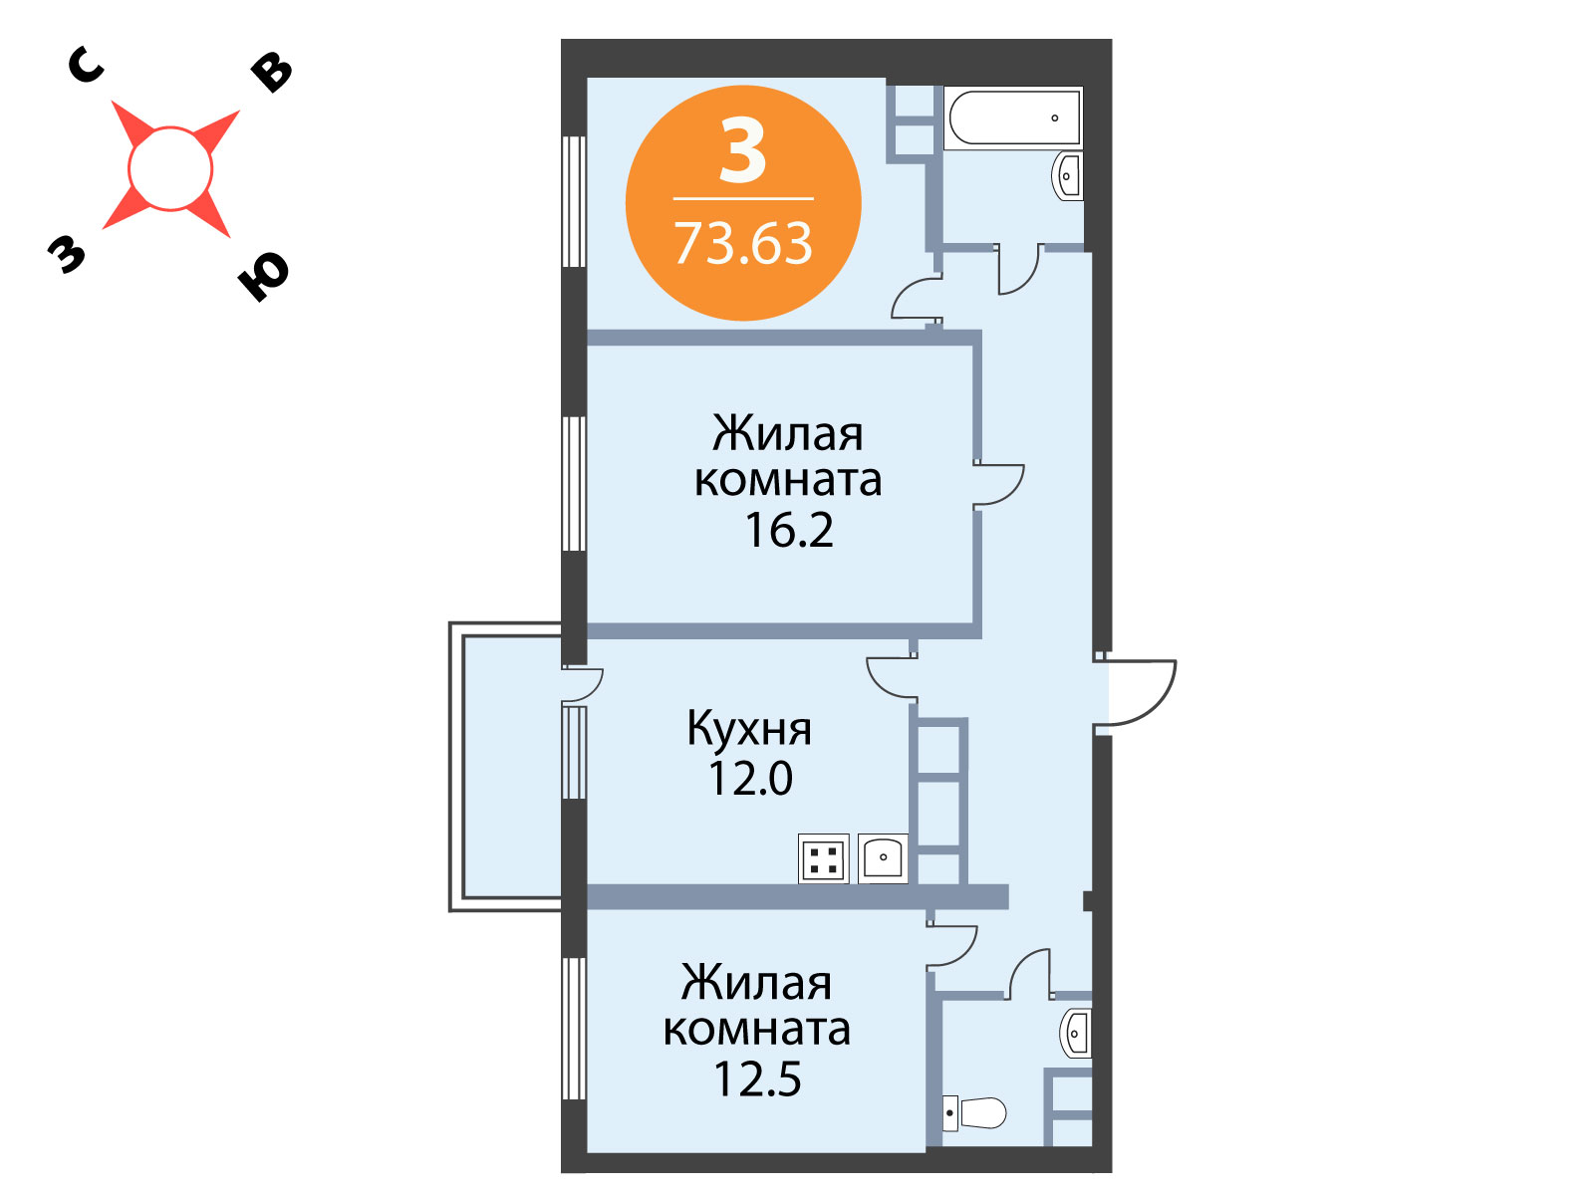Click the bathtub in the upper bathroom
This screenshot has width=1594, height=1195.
(x=1013, y=118)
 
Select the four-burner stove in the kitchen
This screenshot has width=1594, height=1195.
(x=824, y=858)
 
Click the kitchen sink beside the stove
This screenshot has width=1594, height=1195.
(x=883, y=858)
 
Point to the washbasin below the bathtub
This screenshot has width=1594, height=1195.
(x=1068, y=175)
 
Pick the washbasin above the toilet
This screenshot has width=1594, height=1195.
(x=1076, y=1033)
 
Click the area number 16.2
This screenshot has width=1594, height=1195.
(x=789, y=530)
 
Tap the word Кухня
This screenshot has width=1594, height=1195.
(x=749, y=728)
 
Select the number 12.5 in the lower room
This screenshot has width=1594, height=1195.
(x=757, y=1078)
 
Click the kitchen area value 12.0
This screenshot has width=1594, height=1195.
(x=750, y=778)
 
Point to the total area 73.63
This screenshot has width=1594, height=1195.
(x=743, y=243)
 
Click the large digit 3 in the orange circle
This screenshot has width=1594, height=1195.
(x=742, y=151)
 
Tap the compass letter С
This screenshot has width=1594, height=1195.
(x=86, y=66)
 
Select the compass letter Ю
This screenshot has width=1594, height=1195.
(x=263, y=276)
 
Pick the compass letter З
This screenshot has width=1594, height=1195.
(x=67, y=254)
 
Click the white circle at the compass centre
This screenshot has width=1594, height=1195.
(x=170, y=169)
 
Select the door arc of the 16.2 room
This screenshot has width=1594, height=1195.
(x=1010, y=492)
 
